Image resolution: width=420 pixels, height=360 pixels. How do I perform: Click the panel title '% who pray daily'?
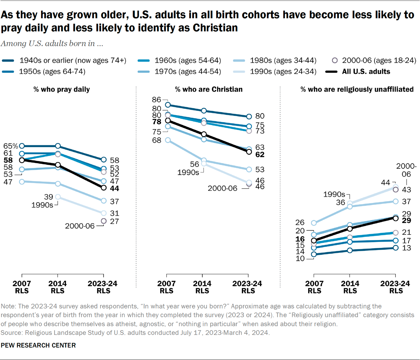(x=61, y=89)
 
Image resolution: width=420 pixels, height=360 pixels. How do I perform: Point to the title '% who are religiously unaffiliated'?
(x=357, y=89)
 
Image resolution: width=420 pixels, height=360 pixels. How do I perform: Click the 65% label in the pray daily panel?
(x=10, y=146)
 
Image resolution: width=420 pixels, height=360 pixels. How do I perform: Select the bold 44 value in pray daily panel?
(x=115, y=189)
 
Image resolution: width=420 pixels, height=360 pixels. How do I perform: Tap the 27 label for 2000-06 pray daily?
(x=115, y=221)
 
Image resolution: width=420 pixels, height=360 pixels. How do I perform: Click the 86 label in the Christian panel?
(x=157, y=99)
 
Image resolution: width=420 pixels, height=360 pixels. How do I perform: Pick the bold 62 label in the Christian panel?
(x=260, y=154)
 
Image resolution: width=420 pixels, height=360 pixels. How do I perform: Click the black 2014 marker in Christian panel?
(x=204, y=134)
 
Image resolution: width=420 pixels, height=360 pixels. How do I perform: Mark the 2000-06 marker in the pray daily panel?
(x=104, y=221)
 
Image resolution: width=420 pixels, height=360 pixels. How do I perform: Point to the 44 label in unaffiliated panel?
(x=386, y=182)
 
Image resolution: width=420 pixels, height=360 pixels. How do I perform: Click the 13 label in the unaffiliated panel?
(x=407, y=248)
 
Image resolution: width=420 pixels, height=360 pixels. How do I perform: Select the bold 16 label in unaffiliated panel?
(x=300, y=239)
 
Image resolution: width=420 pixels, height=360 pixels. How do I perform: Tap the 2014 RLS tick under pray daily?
(x=57, y=287)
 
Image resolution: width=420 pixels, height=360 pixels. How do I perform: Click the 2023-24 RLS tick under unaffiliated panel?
(x=395, y=287)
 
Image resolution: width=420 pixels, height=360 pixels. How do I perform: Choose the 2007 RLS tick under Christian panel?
(x=166, y=287)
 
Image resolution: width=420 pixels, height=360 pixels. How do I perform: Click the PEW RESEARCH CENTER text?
(x=38, y=345)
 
